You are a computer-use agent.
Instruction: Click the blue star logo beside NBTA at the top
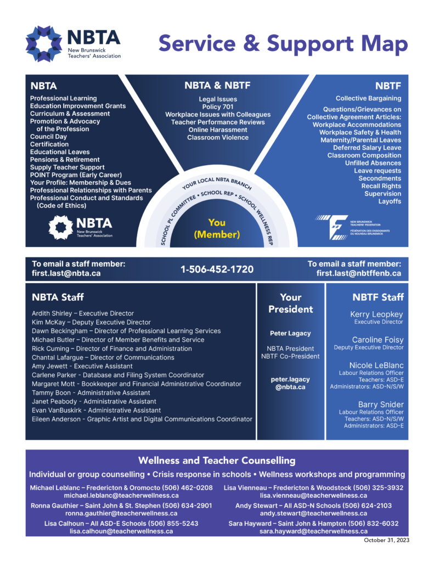(44, 44)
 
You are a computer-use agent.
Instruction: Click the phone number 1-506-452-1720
(217, 269)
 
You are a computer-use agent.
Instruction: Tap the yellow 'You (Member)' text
(217, 228)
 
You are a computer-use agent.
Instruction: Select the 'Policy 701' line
(217, 107)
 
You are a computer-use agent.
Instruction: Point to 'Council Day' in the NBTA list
(48, 137)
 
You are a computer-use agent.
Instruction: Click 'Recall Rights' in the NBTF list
(381, 186)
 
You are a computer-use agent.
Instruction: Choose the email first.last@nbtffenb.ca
(359, 273)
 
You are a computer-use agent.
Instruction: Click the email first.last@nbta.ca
(66, 273)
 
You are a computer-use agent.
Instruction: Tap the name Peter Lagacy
(290, 333)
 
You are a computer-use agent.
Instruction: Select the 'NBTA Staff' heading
(58, 297)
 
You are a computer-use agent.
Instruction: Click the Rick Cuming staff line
(112, 349)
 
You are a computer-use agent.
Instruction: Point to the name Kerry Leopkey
(376, 314)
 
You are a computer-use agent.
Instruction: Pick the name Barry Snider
(381, 404)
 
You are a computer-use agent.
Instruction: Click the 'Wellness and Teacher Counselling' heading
(217, 460)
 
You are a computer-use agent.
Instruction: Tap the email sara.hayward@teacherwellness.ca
(314, 531)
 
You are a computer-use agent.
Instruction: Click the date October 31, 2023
(386, 540)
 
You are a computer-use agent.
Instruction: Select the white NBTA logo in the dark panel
(81, 227)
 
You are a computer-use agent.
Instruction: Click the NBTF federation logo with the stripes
(353, 227)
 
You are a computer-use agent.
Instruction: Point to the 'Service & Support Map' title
(283, 43)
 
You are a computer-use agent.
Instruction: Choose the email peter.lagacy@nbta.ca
(290, 383)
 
